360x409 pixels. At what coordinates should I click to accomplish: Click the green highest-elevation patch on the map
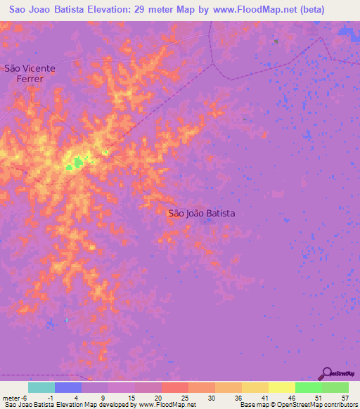click(x=75, y=163)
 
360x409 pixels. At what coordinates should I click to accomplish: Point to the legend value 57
click(x=345, y=397)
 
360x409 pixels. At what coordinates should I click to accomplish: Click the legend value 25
click(x=184, y=397)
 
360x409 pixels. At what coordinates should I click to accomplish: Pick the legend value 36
click(x=238, y=397)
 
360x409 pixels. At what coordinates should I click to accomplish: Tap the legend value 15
click(x=131, y=397)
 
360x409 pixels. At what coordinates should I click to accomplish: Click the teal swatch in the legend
click(x=41, y=387)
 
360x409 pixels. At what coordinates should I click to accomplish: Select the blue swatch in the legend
click(x=68, y=387)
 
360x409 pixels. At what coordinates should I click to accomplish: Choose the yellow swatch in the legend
click(x=282, y=387)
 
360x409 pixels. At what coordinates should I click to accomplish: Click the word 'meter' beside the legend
click(x=11, y=397)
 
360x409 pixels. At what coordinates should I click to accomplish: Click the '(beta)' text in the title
click(x=304, y=9)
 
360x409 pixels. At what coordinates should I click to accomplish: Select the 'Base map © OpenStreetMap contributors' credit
click(x=298, y=405)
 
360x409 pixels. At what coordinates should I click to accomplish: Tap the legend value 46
click(x=291, y=397)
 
